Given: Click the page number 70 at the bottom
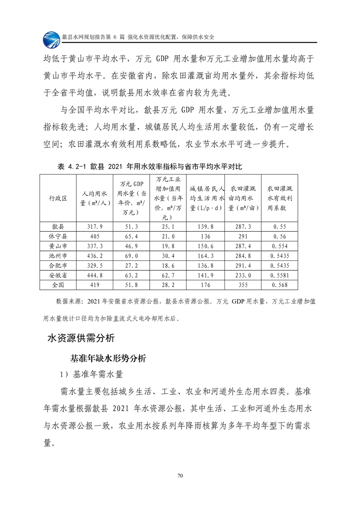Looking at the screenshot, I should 180,475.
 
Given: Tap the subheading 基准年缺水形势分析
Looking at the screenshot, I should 108,358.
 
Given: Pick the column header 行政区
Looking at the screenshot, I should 58,198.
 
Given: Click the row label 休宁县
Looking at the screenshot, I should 58,236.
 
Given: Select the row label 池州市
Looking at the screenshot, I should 58,255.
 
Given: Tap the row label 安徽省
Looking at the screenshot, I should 58,275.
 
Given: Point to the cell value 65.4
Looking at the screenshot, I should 131,236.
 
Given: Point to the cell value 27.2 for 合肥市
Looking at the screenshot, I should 131,265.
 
